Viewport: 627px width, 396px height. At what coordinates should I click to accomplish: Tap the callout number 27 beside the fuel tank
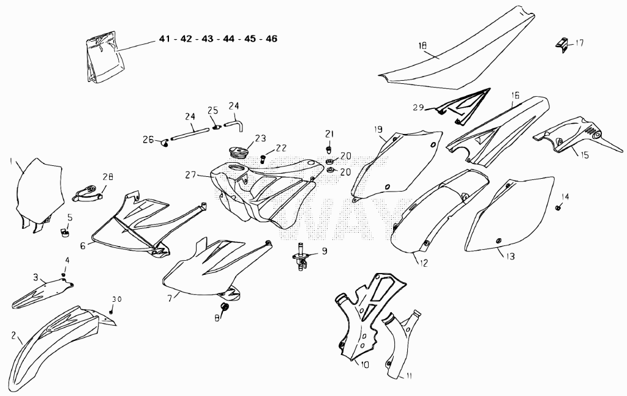191,174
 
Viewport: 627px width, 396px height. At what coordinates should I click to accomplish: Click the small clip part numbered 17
563,45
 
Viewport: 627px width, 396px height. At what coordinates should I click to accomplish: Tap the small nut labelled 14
557,207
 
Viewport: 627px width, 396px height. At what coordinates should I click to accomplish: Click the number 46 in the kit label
271,39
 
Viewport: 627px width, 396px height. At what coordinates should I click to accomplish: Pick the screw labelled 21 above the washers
329,149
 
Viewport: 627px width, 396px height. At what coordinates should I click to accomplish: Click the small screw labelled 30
111,311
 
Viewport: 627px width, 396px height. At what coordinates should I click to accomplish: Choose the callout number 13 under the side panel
511,256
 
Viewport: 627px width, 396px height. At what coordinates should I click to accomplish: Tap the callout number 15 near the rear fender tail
584,155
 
